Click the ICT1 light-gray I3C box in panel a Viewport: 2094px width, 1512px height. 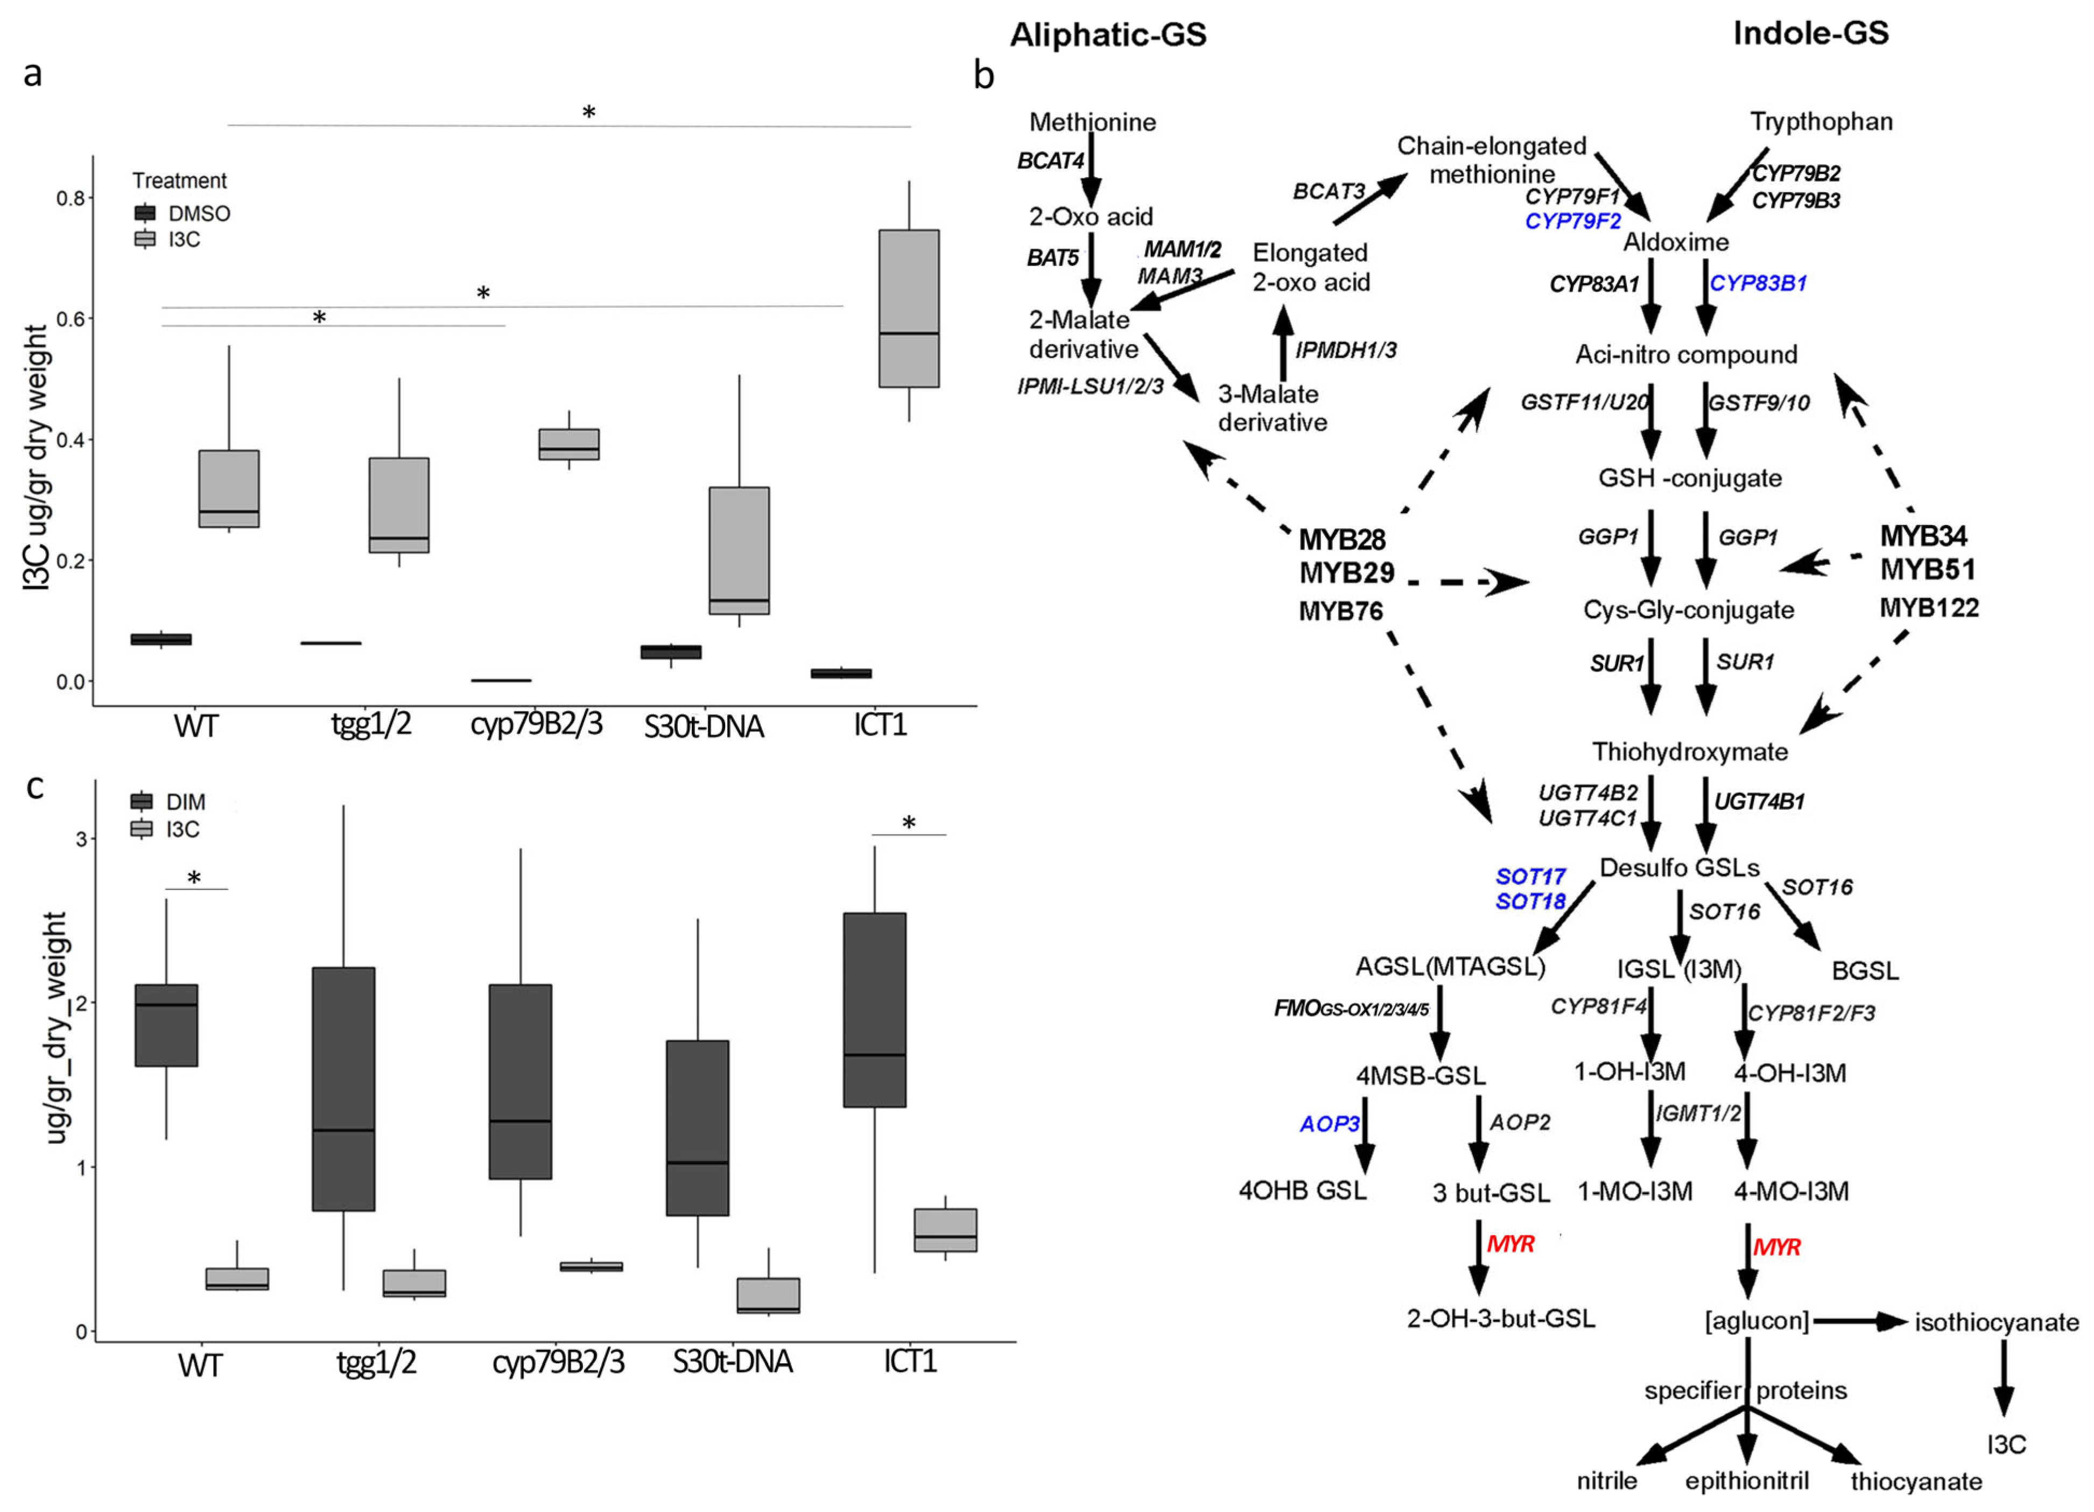(909, 309)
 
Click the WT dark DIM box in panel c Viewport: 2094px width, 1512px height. (166, 1025)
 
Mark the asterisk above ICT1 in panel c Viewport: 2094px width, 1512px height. (909, 823)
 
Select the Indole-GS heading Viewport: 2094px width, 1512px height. (1810, 33)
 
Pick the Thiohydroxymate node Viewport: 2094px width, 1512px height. (1690, 752)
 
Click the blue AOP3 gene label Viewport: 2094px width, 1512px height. (1330, 1124)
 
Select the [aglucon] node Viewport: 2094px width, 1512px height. (1756, 1321)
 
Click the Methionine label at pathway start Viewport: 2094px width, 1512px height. (1092, 122)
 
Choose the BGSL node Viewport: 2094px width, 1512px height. (1865, 971)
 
